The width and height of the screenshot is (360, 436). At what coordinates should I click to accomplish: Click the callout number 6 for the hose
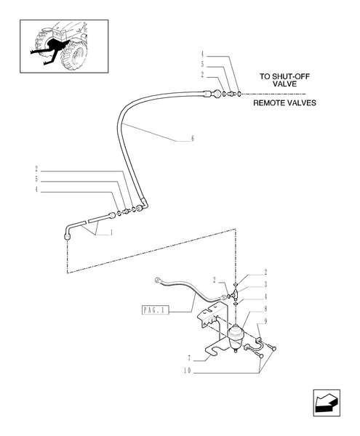[x=192, y=137]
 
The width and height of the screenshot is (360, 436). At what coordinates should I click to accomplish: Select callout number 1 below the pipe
[x=111, y=233]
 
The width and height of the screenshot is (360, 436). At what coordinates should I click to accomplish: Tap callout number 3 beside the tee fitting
[x=266, y=286]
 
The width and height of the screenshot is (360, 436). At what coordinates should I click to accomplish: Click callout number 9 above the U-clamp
[x=266, y=321]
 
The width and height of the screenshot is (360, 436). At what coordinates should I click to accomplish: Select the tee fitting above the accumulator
[x=238, y=288]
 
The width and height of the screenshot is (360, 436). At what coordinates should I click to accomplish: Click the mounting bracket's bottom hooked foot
[x=213, y=353]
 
